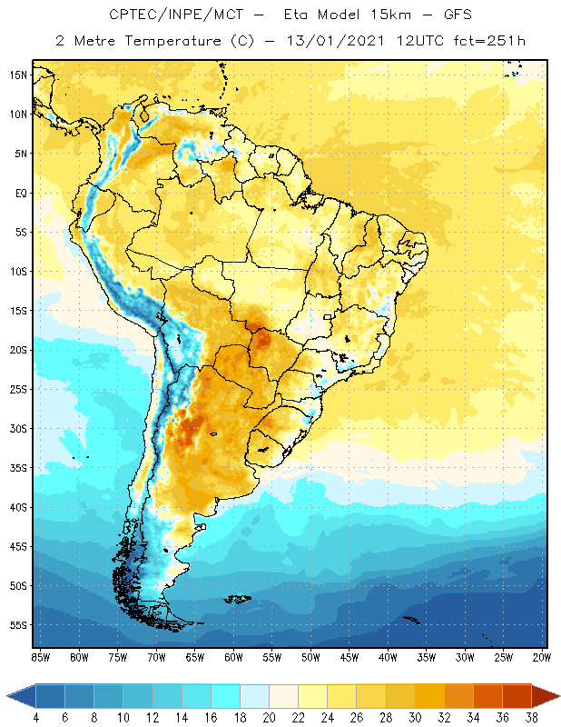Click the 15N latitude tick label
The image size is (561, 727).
17,75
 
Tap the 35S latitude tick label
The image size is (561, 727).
17,468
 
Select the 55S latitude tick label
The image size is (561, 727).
17,625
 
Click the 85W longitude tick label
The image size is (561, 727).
40,657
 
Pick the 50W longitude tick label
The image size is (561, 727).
311,657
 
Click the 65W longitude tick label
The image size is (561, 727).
195,657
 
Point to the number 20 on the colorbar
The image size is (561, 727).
269,718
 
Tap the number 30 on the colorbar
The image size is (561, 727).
415,718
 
